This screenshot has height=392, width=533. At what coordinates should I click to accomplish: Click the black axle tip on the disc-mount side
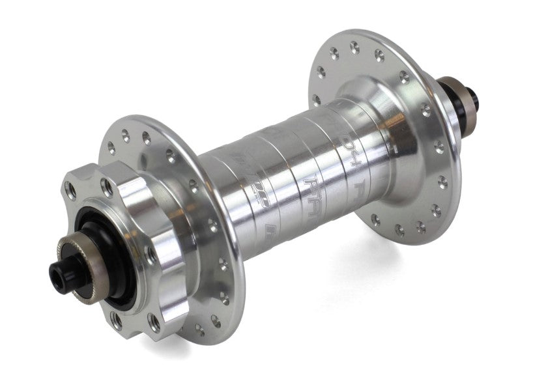tap(61, 268)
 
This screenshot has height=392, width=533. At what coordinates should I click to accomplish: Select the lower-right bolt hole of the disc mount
tap(155, 320)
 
